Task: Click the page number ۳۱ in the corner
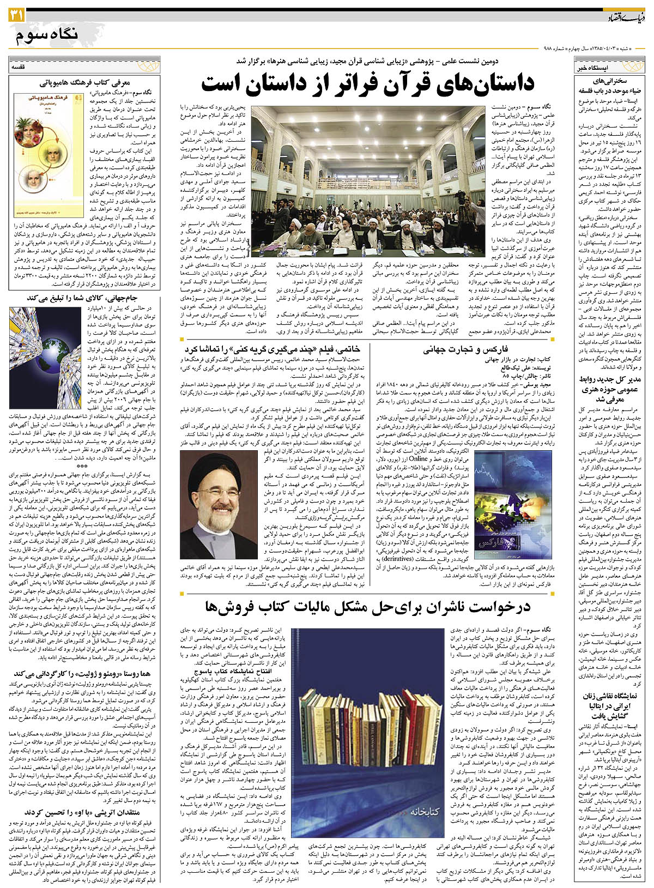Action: (15, 17)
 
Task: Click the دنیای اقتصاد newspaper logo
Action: (627, 18)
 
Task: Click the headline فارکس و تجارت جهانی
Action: (466, 349)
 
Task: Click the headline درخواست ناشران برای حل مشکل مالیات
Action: (368, 607)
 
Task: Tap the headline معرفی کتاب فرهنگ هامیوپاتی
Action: (85, 83)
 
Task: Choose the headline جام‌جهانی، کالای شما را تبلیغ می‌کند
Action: (84, 298)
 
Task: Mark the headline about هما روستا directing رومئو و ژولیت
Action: (85, 674)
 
